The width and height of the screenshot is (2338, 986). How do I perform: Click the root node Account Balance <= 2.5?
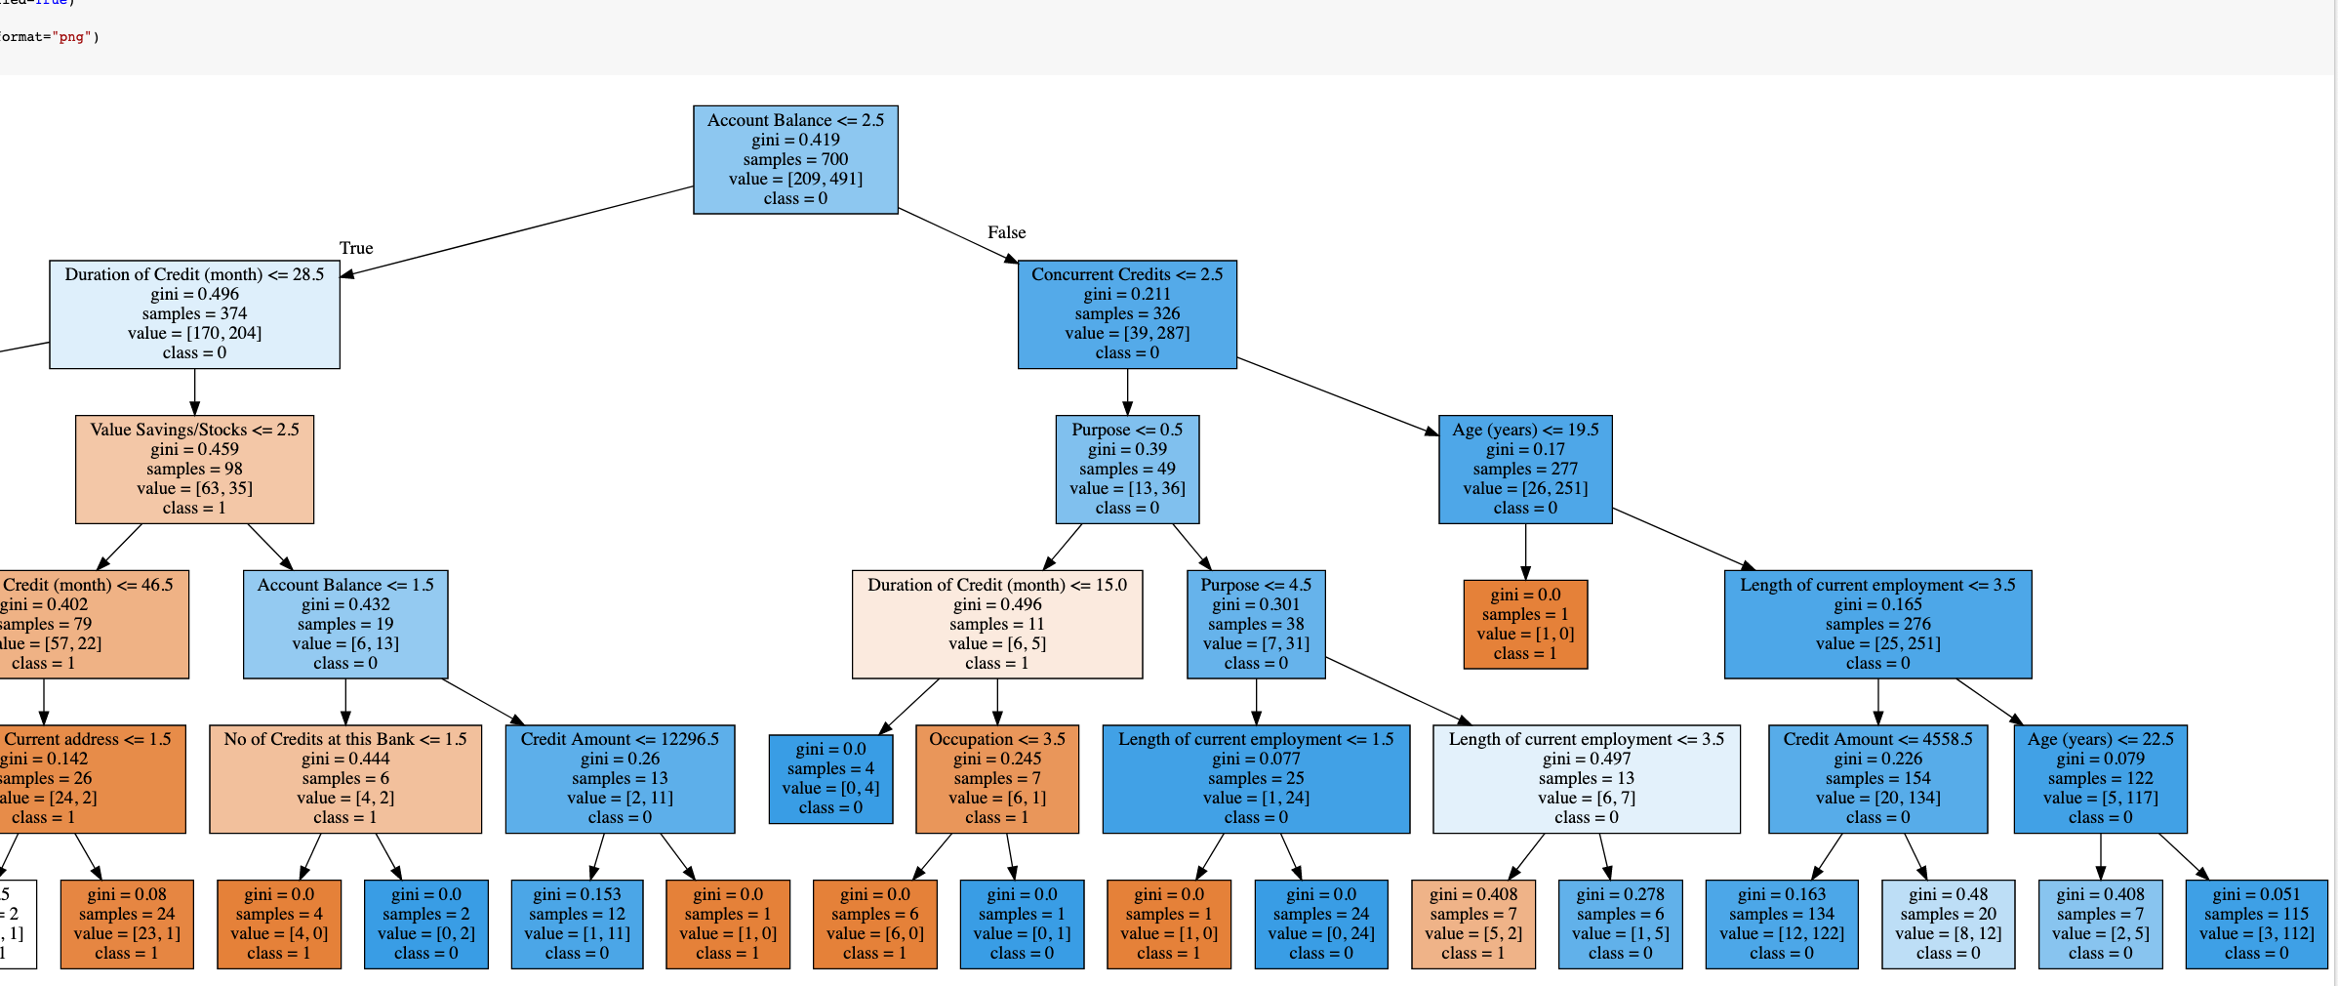click(x=795, y=159)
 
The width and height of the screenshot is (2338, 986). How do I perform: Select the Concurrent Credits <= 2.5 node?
click(x=1127, y=313)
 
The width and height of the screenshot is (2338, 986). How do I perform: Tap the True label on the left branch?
click(x=356, y=248)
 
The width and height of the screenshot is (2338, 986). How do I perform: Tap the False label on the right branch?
click(x=1006, y=232)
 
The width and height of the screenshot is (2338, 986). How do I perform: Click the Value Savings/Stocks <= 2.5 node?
click(x=194, y=469)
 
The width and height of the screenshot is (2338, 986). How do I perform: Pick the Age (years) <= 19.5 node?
click(x=1525, y=469)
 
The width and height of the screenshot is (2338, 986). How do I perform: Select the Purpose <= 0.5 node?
click(x=1127, y=469)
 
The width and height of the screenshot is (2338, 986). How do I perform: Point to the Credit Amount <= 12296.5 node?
click(x=620, y=778)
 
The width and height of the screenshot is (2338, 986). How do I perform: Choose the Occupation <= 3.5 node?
click(x=997, y=778)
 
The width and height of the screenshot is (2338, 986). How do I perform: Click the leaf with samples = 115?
click(x=2256, y=924)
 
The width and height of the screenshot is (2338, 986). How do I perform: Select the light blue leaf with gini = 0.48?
click(x=1948, y=924)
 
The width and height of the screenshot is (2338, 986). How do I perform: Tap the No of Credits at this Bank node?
click(x=345, y=778)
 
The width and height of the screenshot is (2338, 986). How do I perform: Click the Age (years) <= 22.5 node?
click(x=2100, y=778)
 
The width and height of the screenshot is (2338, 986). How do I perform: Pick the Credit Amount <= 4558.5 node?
click(x=1877, y=778)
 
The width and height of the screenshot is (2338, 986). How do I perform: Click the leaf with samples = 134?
click(x=1782, y=924)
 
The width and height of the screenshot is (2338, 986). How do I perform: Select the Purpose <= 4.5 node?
click(x=1256, y=624)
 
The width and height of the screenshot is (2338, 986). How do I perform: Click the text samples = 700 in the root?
click(x=795, y=159)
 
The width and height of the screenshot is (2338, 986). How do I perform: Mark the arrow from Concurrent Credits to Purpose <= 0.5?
click(x=1127, y=391)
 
